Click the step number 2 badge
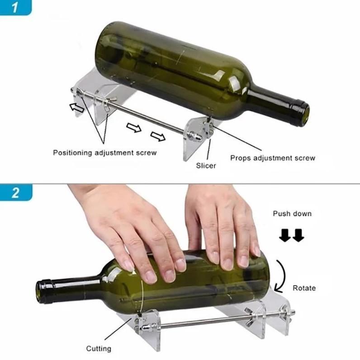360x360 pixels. pos(15,193)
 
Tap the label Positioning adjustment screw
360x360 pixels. pos(104,153)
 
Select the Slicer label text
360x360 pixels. pos(206,166)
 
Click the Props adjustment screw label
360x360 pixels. pos(272,158)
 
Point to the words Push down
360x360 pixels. pos(292,213)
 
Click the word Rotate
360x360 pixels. pos(304,288)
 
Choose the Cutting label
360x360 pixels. pos(99,348)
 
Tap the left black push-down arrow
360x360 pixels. pos(284,235)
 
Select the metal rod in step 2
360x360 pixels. pos(199,322)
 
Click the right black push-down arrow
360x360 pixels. pos(298,235)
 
